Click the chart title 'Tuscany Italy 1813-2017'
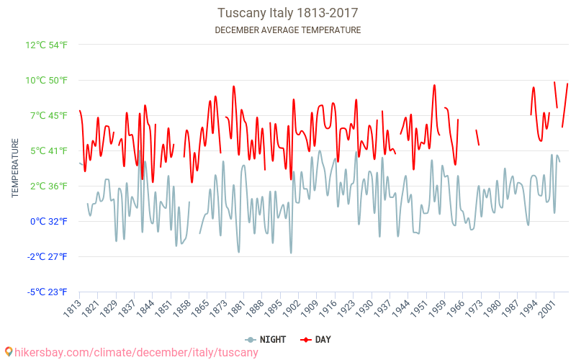tap(288, 13)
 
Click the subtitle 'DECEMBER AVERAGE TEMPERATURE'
tap(288, 30)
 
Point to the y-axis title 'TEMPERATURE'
tap(15, 168)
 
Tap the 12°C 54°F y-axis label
tap(47, 45)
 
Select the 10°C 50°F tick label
tap(47, 80)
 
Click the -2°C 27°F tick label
tap(48, 256)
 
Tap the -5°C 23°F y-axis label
tap(48, 292)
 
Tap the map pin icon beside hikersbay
tap(8, 352)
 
